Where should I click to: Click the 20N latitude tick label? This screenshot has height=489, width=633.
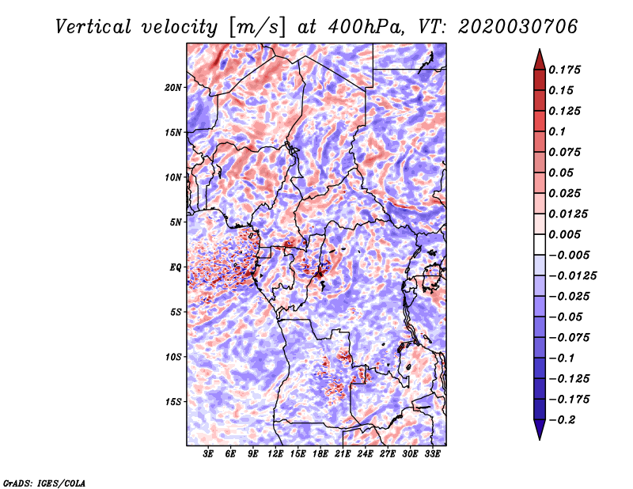173,87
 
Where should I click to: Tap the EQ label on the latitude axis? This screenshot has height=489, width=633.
176,267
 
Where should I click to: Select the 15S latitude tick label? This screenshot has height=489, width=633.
173,402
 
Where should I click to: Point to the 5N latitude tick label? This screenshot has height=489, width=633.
176,222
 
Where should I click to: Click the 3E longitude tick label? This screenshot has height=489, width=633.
208,454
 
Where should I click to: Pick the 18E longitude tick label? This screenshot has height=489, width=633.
320,454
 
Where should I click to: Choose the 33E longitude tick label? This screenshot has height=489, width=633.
432,454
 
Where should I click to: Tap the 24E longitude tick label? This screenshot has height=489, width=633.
365,454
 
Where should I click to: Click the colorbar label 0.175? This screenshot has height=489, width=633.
564,70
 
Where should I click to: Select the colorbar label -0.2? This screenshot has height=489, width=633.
562,420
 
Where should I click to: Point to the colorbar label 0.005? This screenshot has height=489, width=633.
564,234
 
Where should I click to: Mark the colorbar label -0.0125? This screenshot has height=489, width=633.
572,276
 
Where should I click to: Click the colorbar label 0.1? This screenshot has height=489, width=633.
557,131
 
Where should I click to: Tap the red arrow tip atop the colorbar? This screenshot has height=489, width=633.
540,49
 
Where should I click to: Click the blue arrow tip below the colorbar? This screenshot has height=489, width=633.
540,439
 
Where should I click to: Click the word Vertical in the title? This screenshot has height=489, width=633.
93,27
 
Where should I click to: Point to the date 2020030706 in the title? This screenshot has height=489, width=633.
518,27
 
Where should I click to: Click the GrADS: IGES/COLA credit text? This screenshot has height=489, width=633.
44,483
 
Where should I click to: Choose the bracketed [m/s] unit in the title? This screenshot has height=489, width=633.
257,28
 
